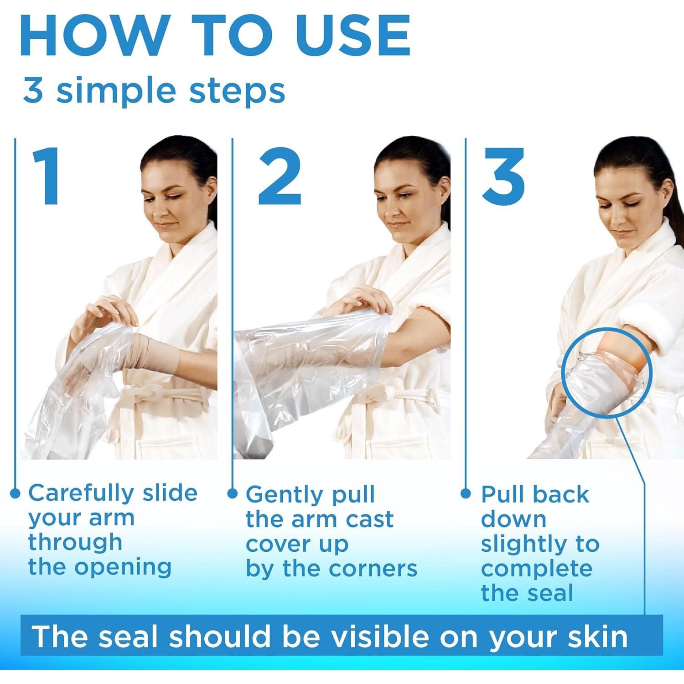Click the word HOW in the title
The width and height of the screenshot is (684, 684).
tap(93, 36)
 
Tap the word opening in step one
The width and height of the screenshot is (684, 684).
tap(123, 568)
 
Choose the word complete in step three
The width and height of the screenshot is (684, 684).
tap(537, 569)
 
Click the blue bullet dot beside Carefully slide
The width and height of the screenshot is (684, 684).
tap(15, 493)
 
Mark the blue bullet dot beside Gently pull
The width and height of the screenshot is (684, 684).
tap(233, 493)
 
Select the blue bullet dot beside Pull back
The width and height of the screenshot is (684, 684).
tap(466, 493)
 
